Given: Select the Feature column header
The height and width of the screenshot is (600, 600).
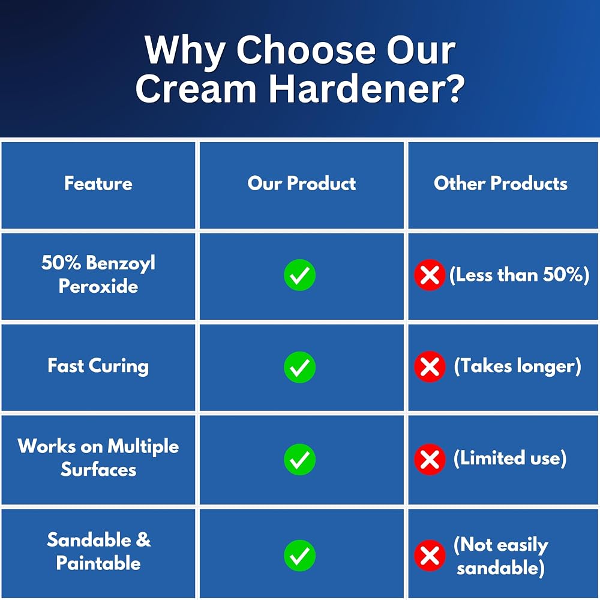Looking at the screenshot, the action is point(98,183).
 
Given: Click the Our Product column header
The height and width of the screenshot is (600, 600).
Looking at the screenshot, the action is point(302,183).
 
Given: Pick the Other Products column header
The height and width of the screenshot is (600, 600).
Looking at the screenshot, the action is point(500,183).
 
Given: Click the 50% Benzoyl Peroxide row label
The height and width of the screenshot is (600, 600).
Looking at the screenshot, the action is point(98,274).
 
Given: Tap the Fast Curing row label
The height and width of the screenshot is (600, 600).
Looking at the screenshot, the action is point(98,366).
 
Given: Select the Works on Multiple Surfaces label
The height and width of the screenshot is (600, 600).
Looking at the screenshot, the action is point(98,458).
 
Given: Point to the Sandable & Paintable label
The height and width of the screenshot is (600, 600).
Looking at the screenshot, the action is point(98,551).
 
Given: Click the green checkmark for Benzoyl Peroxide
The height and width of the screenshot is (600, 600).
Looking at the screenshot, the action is point(299,275).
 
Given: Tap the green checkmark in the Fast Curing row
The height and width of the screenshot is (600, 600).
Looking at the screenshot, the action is point(299,367).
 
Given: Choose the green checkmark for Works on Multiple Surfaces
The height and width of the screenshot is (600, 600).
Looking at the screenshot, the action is point(299,459).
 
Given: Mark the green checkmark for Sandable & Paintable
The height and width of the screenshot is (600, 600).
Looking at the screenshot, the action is point(299,556).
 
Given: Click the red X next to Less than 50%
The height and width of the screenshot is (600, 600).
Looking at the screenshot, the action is point(430,275).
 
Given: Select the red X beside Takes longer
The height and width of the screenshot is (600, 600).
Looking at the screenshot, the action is point(430,367).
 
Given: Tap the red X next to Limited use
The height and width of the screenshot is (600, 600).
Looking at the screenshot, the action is point(430,459).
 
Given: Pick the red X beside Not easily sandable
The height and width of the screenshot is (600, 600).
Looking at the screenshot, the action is point(430,556).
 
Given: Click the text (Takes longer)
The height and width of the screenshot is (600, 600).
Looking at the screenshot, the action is point(517,366).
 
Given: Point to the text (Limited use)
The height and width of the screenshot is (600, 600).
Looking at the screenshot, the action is point(509,458).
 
